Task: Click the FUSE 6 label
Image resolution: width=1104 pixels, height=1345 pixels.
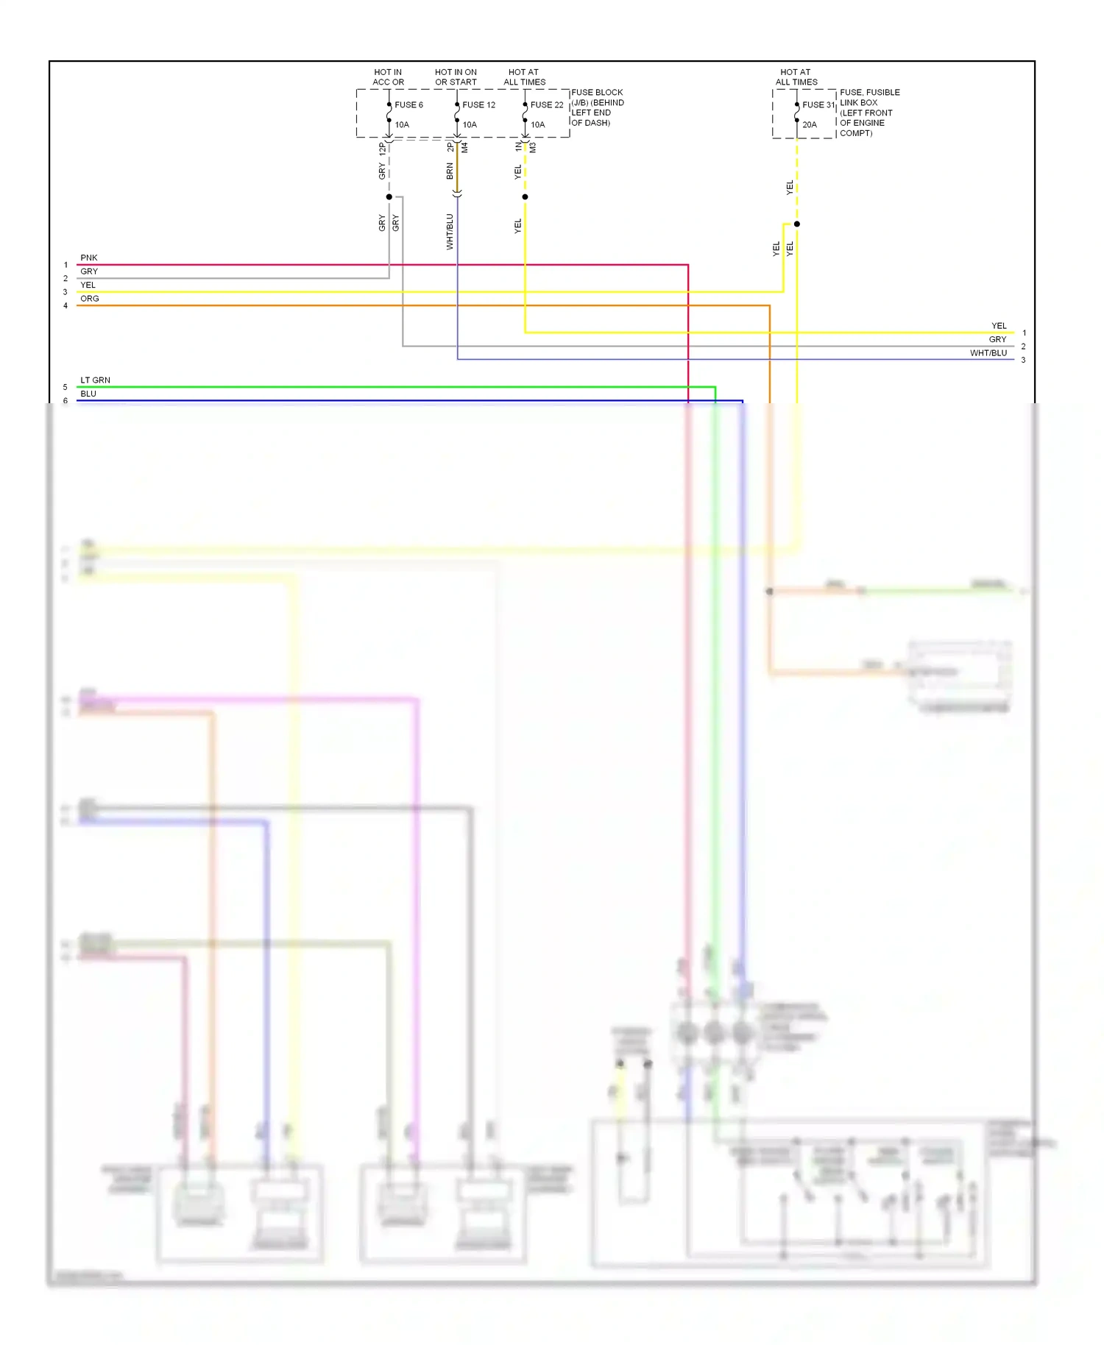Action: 408,105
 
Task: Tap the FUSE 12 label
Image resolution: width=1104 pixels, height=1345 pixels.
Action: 478,105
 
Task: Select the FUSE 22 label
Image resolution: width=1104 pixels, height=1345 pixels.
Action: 547,105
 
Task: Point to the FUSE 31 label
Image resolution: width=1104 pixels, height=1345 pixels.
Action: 818,105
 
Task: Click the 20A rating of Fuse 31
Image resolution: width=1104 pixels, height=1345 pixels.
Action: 810,125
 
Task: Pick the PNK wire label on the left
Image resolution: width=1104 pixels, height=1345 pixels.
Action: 89,258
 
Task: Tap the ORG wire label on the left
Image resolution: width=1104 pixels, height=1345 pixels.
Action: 90,299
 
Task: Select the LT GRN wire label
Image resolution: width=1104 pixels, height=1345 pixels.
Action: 96,380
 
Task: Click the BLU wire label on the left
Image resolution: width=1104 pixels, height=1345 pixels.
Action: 88,394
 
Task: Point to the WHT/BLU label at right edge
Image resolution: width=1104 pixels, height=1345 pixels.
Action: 988,353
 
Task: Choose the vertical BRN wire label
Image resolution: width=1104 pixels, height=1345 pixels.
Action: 450,171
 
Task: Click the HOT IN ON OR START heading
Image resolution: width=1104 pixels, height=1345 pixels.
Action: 456,77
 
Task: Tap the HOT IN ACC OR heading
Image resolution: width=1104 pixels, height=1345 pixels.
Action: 388,77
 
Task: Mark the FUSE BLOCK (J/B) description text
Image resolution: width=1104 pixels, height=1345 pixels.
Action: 598,107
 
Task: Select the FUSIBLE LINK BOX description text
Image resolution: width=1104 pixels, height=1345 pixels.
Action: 869,113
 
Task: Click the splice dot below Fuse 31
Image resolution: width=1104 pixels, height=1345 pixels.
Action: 797,224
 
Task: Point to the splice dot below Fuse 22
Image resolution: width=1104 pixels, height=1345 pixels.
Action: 525,197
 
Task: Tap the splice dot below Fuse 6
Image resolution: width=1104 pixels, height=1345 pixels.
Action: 389,197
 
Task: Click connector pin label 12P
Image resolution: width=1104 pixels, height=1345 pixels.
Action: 381,148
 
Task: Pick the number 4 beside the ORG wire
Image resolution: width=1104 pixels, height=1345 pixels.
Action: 66,306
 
